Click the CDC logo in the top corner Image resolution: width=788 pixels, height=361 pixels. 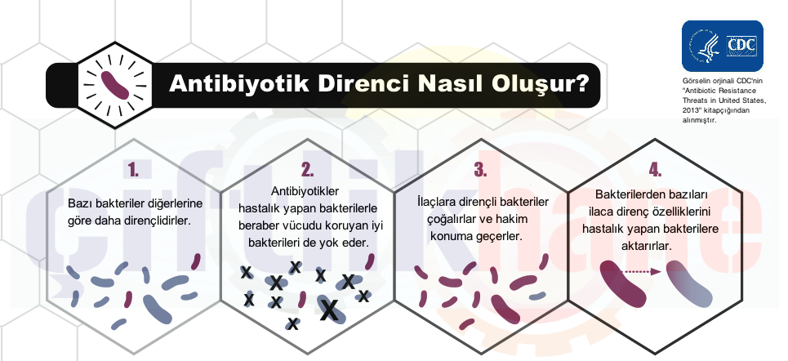723,47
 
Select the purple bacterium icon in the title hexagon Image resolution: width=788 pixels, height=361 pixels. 116,84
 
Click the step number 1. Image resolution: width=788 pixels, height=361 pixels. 132,170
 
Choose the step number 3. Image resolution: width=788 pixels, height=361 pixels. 481,170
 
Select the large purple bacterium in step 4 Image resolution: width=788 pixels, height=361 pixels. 623,284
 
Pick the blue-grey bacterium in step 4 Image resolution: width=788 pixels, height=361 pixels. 689,284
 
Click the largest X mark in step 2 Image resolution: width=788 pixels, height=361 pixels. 329,309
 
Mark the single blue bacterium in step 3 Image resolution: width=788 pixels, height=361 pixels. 536,296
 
